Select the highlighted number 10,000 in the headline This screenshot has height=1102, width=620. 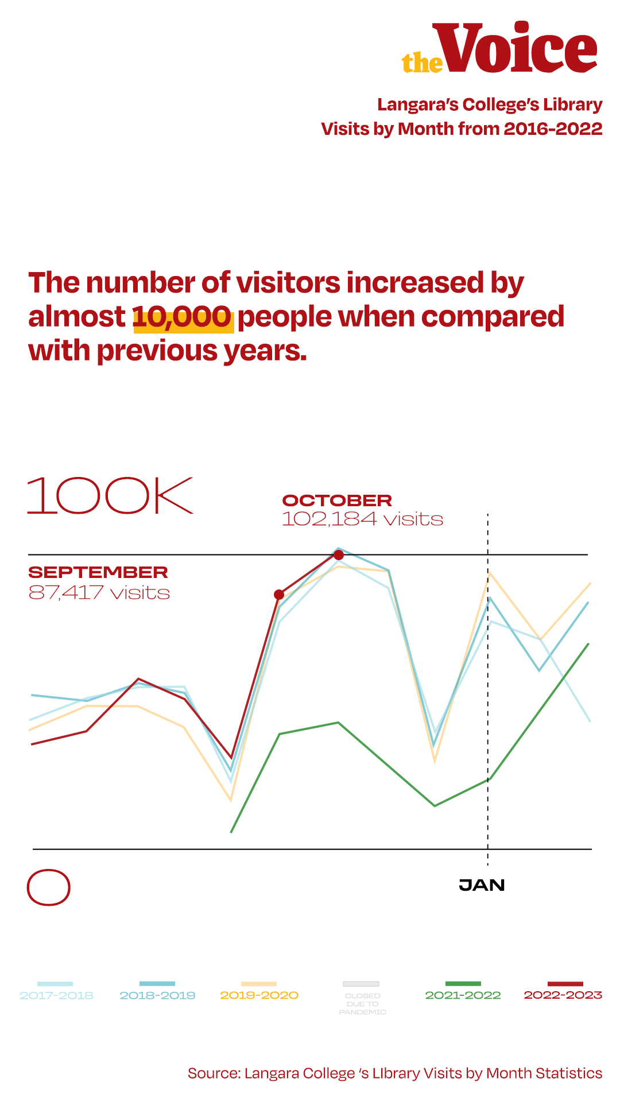coord(183,317)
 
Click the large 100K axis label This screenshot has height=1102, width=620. coord(110,495)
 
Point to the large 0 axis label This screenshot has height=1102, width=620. coord(49,887)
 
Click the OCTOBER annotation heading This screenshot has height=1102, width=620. coord(337,500)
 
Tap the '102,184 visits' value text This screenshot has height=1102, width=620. coord(362,519)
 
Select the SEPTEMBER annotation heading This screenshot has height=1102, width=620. coord(98,572)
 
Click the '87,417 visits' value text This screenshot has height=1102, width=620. coord(99,592)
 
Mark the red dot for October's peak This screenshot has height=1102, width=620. coord(339,554)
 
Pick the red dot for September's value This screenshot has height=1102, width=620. coord(279,594)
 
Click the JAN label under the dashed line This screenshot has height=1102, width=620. coord(482,885)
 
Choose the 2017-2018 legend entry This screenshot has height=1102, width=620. coord(56,995)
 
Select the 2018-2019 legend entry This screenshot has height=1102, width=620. coord(157,995)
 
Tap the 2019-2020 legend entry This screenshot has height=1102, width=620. coord(259,995)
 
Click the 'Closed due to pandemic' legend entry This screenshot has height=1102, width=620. coord(362,1003)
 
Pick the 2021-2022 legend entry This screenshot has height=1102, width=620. coord(463,995)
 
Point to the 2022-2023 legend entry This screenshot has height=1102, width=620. coord(563,995)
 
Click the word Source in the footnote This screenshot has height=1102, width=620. coord(214,1073)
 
